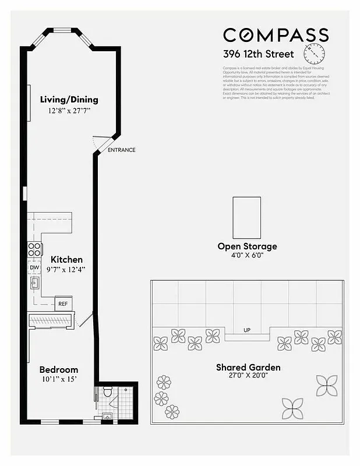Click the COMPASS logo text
point(276,36)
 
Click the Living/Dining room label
point(69,99)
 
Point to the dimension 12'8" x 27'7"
point(70,110)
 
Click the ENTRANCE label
point(122,150)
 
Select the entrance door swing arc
point(100,142)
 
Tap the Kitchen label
point(66,259)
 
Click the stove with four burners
point(35,249)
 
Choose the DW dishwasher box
point(34,267)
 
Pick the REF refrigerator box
point(63,304)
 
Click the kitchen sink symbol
point(34,284)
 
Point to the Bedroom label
point(58,370)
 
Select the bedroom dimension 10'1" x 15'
point(59,380)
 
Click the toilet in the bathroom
point(107,391)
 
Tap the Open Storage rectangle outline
point(246,215)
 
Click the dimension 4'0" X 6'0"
point(247,256)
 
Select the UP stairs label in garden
point(247,330)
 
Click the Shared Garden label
point(248,368)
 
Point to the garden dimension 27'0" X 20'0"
point(248,377)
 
